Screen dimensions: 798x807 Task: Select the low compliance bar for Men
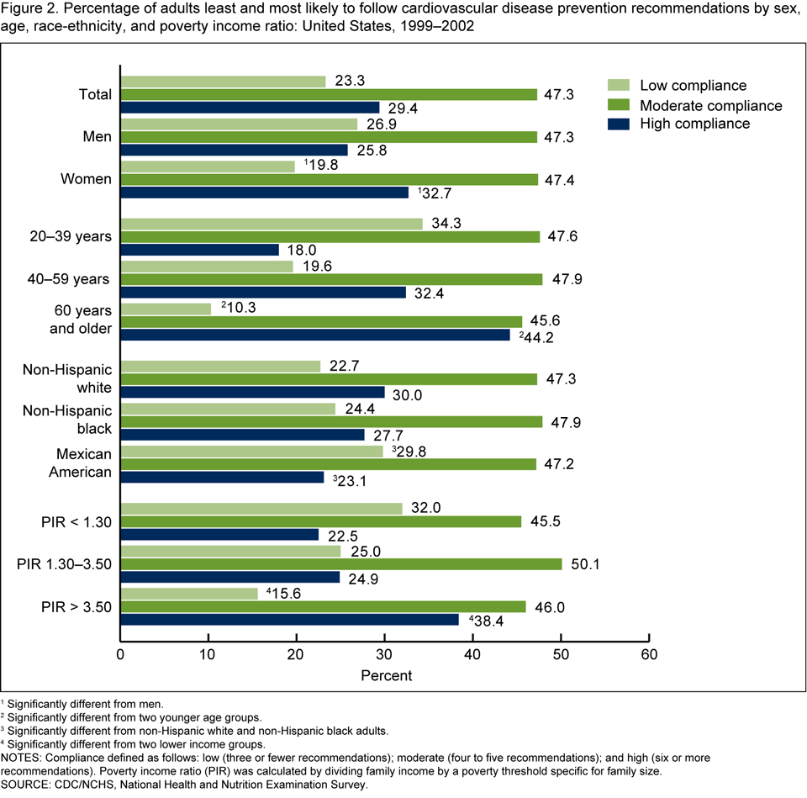(x=239, y=124)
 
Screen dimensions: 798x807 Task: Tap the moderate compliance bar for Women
(x=329, y=179)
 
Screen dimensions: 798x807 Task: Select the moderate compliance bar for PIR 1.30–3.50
(x=341, y=563)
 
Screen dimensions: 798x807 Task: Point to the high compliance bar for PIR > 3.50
(x=289, y=620)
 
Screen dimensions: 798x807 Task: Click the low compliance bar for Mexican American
(x=251, y=452)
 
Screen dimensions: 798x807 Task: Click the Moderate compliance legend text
(x=711, y=105)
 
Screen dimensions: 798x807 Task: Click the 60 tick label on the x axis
(x=648, y=653)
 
